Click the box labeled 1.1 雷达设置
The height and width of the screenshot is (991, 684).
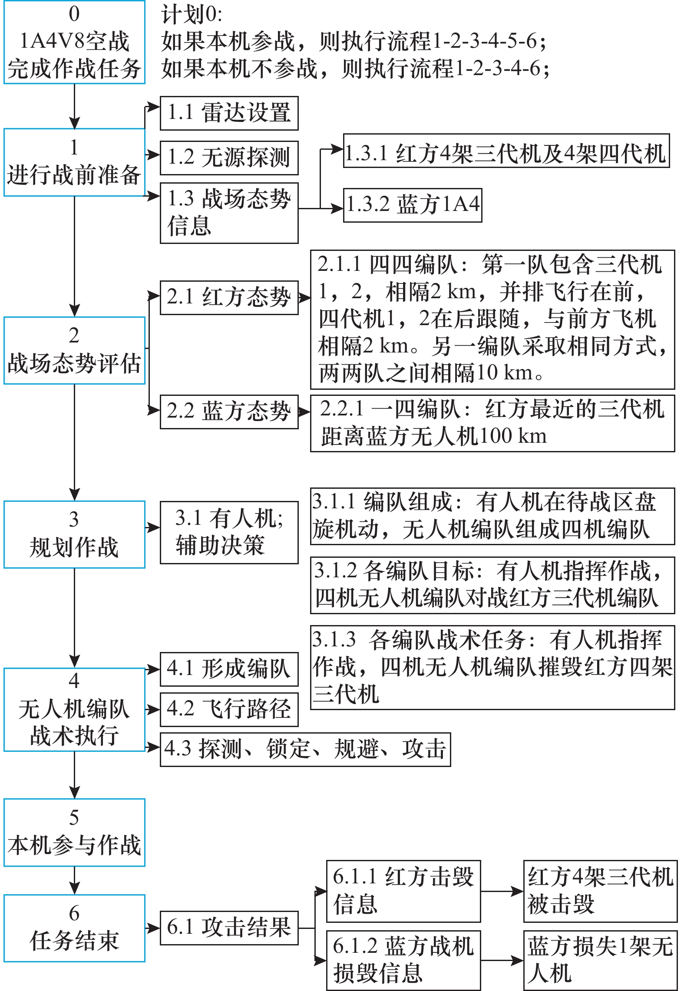[x=229, y=113]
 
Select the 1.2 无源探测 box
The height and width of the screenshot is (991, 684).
[x=229, y=158]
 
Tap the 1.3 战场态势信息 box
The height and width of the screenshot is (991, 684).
[x=229, y=213]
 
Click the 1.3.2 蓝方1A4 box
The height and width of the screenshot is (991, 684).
[x=412, y=205]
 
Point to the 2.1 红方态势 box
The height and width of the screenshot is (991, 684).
[x=229, y=298]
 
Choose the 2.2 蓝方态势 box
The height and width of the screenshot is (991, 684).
[x=229, y=412]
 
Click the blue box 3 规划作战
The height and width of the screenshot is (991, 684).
[x=74, y=534]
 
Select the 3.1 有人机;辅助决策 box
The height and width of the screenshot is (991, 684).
[x=229, y=533]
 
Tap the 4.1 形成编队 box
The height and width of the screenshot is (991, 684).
[x=229, y=669]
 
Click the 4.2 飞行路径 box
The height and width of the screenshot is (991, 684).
[x=229, y=709]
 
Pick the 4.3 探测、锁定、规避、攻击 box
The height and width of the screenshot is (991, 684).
[x=305, y=749]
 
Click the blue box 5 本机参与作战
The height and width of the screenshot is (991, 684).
[x=74, y=833]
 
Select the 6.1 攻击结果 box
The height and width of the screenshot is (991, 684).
[x=229, y=928]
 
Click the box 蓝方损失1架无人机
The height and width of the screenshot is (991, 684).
[x=600, y=960]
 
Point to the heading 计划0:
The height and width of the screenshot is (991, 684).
[x=192, y=15]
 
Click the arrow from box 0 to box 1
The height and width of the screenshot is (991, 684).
[x=74, y=106]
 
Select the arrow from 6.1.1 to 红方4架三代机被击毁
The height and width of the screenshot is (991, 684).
[x=502, y=891]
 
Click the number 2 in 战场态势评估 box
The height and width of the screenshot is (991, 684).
[x=74, y=336]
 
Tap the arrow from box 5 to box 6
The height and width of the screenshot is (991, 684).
[x=74, y=880]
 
